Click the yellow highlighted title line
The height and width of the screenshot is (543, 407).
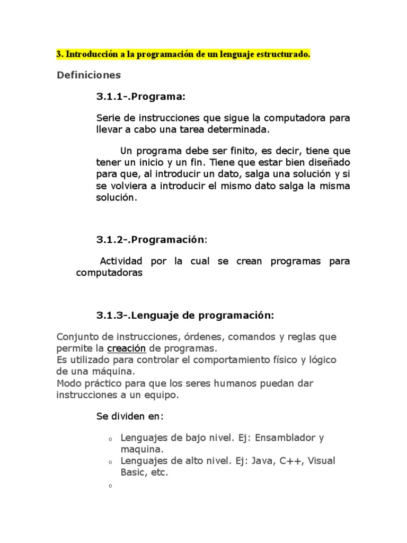[x=183, y=55]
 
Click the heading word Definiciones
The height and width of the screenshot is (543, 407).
[x=89, y=75]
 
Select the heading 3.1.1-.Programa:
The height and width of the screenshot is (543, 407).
[x=141, y=97]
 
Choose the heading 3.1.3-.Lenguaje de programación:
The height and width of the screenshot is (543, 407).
[x=185, y=316]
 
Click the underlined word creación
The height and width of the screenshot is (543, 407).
[x=126, y=348]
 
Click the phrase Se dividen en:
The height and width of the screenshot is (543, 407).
[x=130, y=416]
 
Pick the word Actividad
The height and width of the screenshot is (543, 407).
[x=121, y=262]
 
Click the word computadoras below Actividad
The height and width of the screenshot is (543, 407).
[x=109, y=273]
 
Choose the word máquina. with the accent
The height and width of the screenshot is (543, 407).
[x=110, y=371]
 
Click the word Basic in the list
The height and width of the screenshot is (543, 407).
[x=133, y=472]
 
